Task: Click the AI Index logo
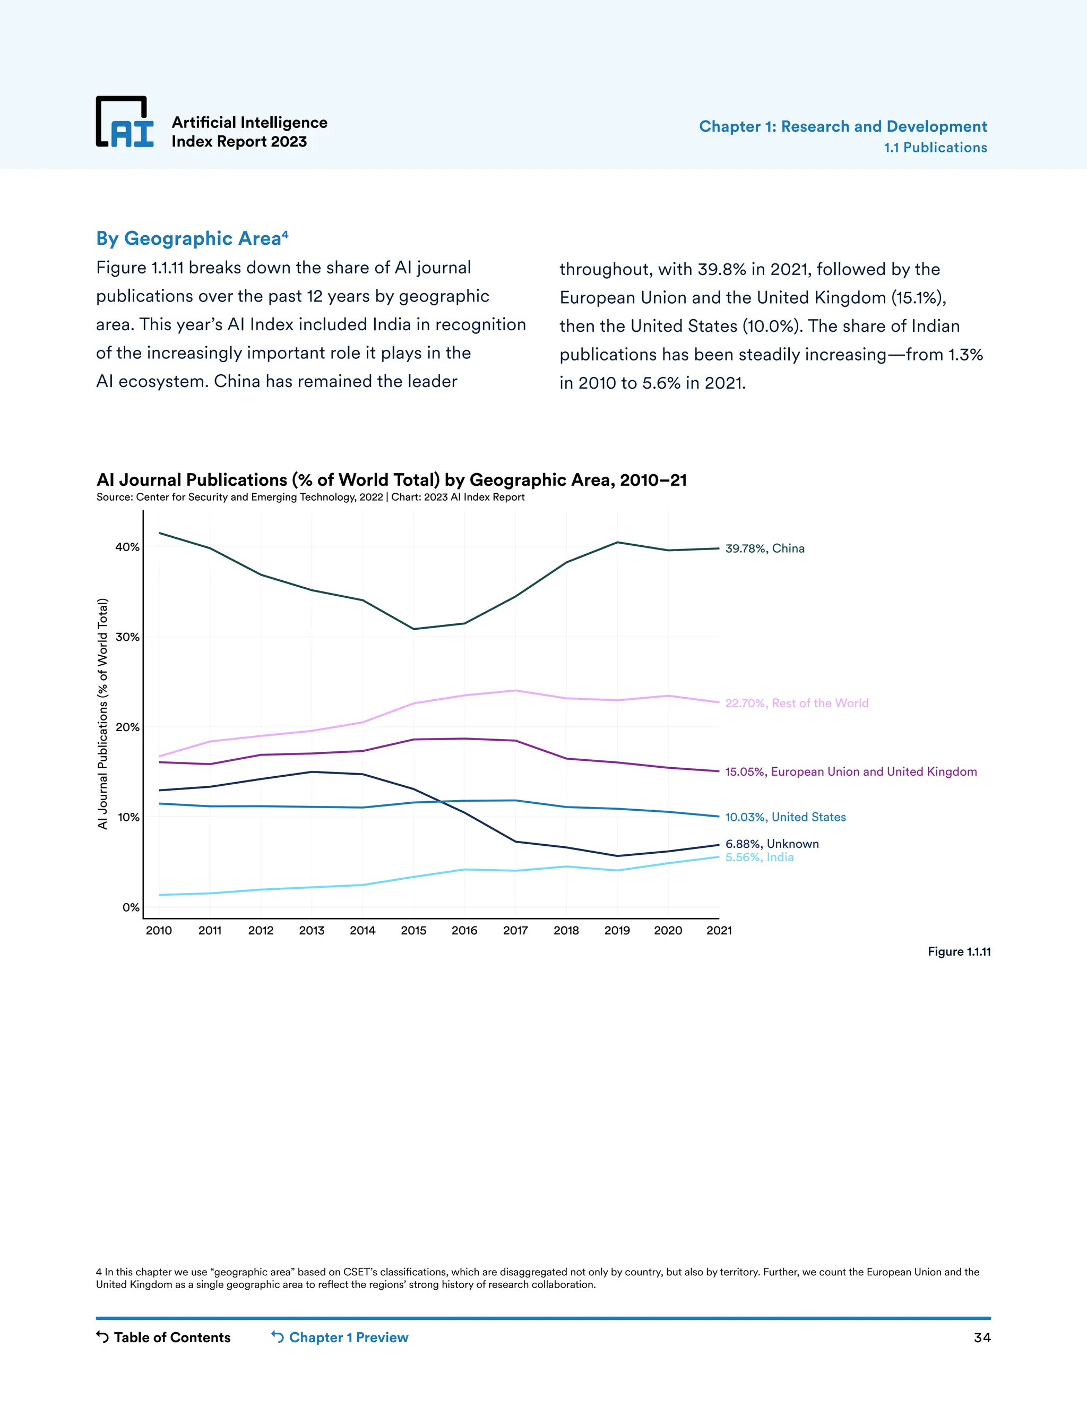pyautogui.click(x=125, y=122)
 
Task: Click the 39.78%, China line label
pyautogui.click(x=764, y=548)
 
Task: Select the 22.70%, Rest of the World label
pyautogui.click(x=797, y=703)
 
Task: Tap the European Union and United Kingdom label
pyautogui.click(x=851, y=772)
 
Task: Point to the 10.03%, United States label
pyautogui.click(x=785, y=817)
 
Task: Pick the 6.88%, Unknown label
pyautogui.click(x=771, y=844)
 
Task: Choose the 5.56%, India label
pyautogui.click(x=759, y=857)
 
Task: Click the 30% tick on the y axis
pyautogui.click(x=127, y=637)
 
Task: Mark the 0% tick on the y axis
pyautogui.click(x=131, y=908)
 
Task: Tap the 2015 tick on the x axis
pyautogui.click(x=413, y=930)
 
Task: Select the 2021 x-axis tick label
pyautogui.click(x=719, y=930)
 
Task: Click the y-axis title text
pyautogui.click(x=102, y=714)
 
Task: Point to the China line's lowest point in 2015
pyautogui.click(x=413, y=629)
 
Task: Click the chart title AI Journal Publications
pyautogui.click(x=391, y=480)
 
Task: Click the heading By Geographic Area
pyautogui.click(x=191, y=238)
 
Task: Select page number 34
pyautogui.click(x=981, y=1337)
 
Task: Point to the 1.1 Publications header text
pyautogui.click(x=935, y=148)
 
